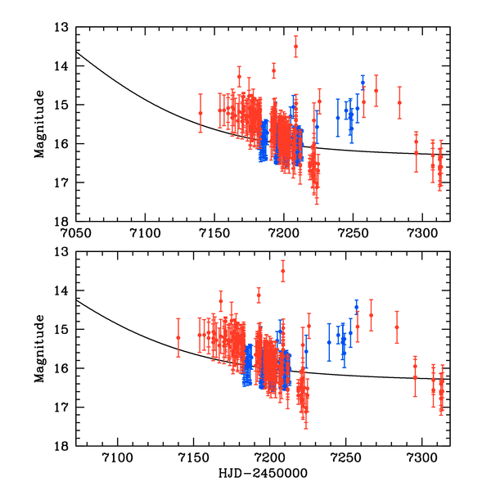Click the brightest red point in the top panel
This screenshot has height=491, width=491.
295,47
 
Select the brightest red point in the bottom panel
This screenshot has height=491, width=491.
283,271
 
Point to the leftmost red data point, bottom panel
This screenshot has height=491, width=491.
178,337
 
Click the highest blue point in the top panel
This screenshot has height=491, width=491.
363,83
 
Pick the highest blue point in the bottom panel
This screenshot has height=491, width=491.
356,307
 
